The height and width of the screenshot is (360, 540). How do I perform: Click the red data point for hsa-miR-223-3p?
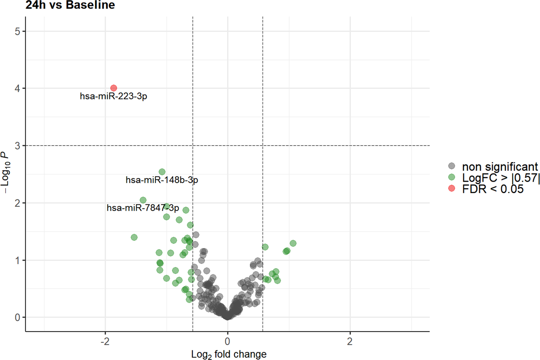[114, 88]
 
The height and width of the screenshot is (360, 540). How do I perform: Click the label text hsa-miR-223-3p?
[113, 97]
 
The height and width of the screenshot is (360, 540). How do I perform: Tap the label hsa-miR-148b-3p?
[162, 180]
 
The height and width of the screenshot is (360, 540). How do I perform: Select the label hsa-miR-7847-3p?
[143, 208]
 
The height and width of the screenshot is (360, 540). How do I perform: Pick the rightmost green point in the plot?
[293, 243]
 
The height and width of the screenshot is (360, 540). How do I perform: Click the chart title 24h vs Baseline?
[70, 5]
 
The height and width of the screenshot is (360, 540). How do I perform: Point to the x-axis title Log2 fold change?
[229, 354]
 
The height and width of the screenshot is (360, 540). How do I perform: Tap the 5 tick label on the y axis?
[18, 31]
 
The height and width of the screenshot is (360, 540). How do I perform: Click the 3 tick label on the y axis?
[18, 146]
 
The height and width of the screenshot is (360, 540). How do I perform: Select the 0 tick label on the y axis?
[18, 318]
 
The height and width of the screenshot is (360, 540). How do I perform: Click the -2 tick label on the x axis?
[105, 342]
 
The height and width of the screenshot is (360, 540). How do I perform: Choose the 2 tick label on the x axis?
[350, 342]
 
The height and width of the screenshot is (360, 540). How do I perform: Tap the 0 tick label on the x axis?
[227, 342]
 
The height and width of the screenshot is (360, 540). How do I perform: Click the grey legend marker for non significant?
[452, 166]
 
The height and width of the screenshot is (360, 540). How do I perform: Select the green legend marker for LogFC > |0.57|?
[452, 177]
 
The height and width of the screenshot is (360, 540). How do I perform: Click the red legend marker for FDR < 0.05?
[452, 189]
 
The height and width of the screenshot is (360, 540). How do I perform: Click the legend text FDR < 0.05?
[492, 189]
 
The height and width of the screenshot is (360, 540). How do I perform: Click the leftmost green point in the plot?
[134, 237]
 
